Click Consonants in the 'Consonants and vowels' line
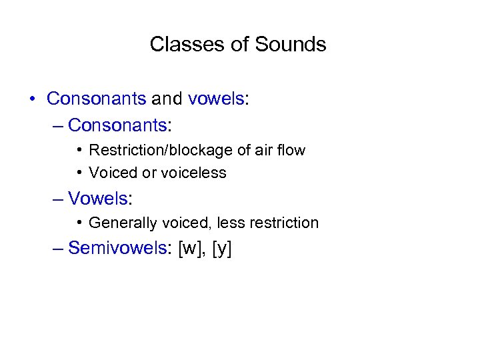click(x=96, y=99)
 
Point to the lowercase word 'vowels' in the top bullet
click(x=216, y=99)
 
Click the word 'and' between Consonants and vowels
click(x=167, y=99)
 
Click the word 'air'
click(x=261, y=150)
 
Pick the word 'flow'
click(x=290, y=150)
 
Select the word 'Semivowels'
click(x=116, y=248)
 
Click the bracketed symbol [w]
click(x=192, y=249)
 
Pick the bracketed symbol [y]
click(x=221, y=249)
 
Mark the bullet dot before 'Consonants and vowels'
click(x=32, y=99)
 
